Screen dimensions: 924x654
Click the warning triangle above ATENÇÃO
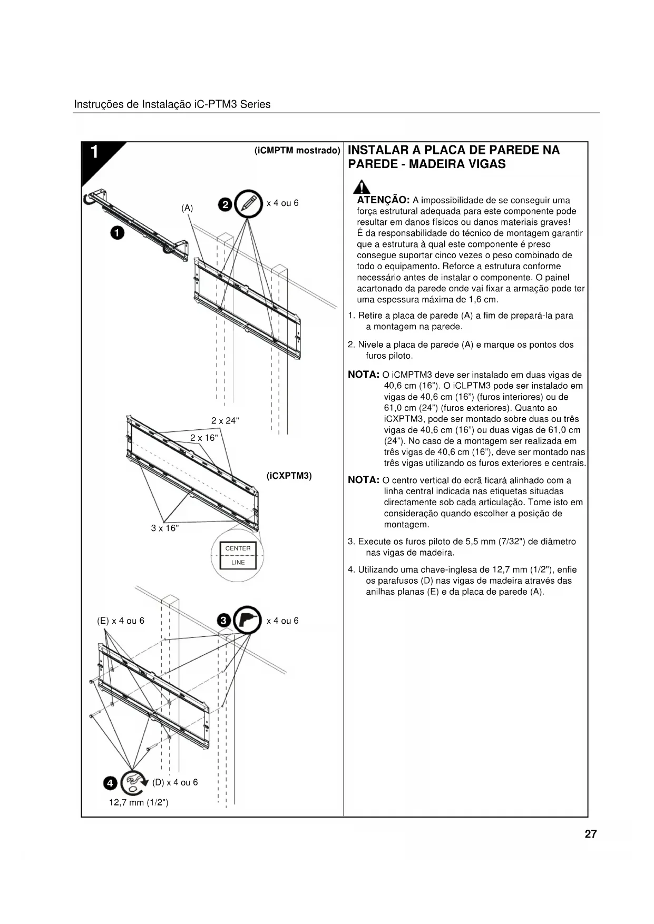click(361, 187)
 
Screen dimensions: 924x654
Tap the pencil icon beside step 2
click(249, 203)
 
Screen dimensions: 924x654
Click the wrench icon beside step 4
click(133, 783)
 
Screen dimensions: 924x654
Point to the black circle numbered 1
click(117, 232)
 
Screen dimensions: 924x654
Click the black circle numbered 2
click(225, 204)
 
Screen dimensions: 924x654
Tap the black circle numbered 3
click(224, 621)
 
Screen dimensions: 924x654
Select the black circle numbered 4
click(110, 783)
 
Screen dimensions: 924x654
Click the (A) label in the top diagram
click(187, 208)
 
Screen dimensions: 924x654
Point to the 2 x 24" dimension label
click(225, 420)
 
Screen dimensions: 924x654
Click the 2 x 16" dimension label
click(204, 438)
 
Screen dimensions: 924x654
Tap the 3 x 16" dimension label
click(165, 528)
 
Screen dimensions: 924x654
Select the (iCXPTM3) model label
click(289, 476)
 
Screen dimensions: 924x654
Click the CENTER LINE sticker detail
click(238, 555)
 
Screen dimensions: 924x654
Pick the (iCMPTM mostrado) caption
click(297, 151)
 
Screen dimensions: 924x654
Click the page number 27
click(590, 834)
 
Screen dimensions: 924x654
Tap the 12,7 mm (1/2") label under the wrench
click(139, 802)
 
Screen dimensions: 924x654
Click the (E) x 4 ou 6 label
click(121, 621)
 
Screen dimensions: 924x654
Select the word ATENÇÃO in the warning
click(383, 200)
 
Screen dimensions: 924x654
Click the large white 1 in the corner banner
click(94, 152)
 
